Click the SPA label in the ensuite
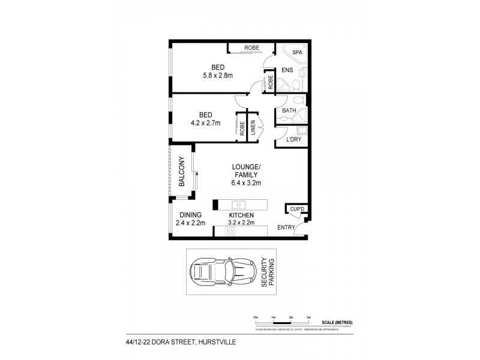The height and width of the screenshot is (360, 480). click(x=297, y=53)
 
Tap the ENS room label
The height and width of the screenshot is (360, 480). click(x=287, y=71)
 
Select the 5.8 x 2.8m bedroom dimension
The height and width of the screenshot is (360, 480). click(x=217, y=75)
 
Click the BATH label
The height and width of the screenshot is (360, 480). click(x=289, y=111)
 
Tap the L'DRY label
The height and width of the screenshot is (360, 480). click(x=293, y=139)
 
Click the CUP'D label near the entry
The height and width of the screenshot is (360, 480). click(x=298, y=209)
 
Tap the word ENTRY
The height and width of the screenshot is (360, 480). click(x=286, y=227)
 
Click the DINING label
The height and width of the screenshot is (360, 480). click(x=190, y=215)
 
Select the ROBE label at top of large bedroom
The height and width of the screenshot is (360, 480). click(x=250, y=49)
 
